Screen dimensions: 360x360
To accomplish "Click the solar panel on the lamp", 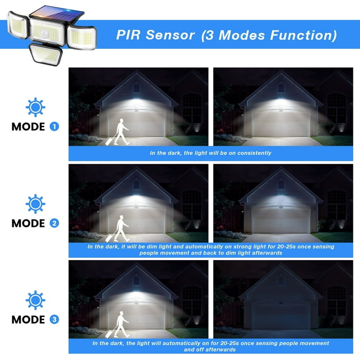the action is pyautogui.click(x=57, y=14).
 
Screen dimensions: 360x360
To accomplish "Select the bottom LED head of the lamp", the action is pyautogui.click(x=45, y=54).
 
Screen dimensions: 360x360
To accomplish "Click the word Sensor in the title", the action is pyautogui.click(x=170, y=35).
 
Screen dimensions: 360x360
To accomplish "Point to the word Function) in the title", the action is pyautogui.click(x=303, y=35).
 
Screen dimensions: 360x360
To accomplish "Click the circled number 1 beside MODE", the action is pyautogui.click(x=54, y=127).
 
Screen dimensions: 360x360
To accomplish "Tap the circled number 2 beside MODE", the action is pyautogui.click(x=54, y=223).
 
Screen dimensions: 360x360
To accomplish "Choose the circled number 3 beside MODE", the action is pyautogui.click(x=54, y=319).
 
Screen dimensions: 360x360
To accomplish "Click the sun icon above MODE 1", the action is pyautogui.click(x=35, y=107).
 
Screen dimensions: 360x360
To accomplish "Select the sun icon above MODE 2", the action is pyautogui.click(x=35, y=204).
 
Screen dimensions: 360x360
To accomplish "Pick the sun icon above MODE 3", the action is pyautogui.click(x=35, y=300).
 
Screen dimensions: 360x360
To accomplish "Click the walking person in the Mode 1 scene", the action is pyautogui.click(x=122, y=132).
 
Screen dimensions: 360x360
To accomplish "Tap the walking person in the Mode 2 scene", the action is pyautogui.click(x=122, y=228).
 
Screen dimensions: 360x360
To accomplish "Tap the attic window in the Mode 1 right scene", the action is pyautogui.click(x=281, y=88).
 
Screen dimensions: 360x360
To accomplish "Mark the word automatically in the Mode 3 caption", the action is pyautogui.click(x=181, y=344).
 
